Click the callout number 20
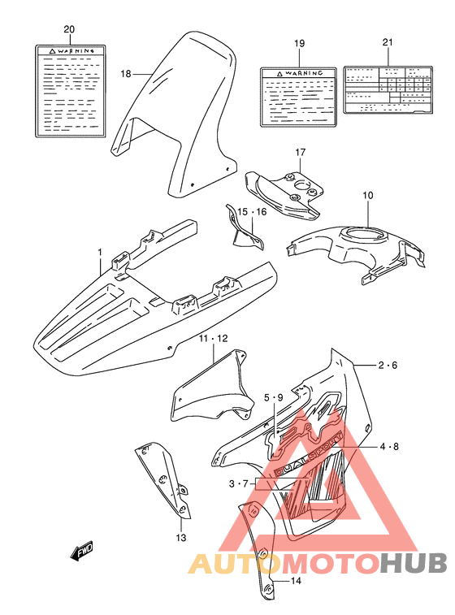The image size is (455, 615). (x=69, y=30)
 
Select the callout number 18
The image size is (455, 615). (x=126, y=74)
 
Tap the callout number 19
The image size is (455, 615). (x=298, y=42)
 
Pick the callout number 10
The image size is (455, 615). (x=367, y=196)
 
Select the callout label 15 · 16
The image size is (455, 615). (x=252, y=212)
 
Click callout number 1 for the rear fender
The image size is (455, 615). (x=101, y=252)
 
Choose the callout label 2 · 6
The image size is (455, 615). (x=388, y=366)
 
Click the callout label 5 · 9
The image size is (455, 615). (x=272, y=398)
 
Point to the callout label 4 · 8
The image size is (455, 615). (x=388, y=446)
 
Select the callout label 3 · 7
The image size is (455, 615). (x=239, y=483)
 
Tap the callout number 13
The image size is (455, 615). (x=181, y=537)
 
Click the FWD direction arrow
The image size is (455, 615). (x=82, y=552)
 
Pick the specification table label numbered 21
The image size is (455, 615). (x=386, y=89)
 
